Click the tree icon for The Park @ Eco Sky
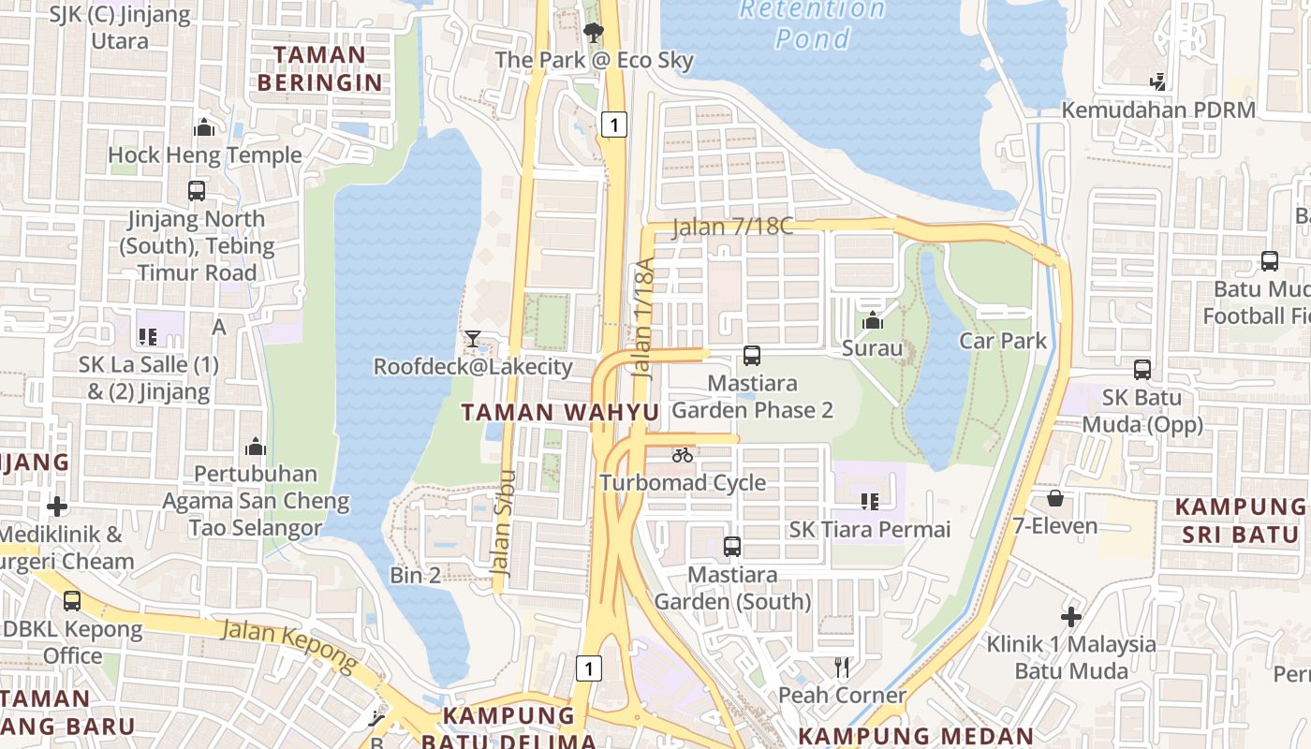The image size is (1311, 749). (x=593, y=33)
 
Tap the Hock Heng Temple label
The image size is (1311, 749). (x=205, y=154)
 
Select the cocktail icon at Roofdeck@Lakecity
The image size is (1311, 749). (x=473, y=339)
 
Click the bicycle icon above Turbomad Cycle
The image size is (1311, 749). (x=683, y=455)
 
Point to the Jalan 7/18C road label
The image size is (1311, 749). (x=732, y=227)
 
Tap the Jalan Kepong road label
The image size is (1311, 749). (x=290, y=645)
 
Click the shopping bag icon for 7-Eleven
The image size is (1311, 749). (x=1055, y=498)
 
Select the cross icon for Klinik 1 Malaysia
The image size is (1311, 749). (x=1071, y=617)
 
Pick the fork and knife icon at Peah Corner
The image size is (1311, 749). (x=842, y=667)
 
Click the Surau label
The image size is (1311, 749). (x=872, y=349)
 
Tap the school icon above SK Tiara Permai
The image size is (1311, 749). (x=869, y=502)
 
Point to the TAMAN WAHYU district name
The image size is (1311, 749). (x=560, y=412)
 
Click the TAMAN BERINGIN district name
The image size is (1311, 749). (x=320, y=68)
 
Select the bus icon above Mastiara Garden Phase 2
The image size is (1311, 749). (x=752, y=356)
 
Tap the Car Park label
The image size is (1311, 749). (x=1002, y=340)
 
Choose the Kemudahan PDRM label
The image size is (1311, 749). (x=1157, y=110)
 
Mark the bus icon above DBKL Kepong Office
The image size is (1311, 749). (x=72, y=601)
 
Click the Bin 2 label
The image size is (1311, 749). (x=415, y=575)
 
